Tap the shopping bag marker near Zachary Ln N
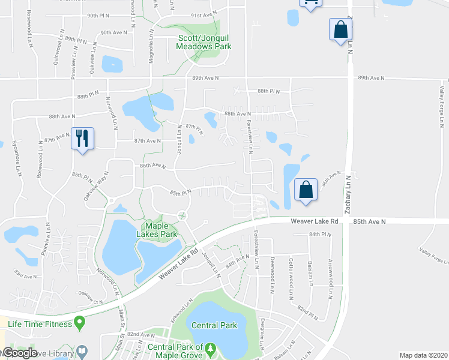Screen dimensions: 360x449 [340, 29]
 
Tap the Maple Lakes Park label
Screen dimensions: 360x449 [160, 229]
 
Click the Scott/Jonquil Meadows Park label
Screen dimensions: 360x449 [204, 41]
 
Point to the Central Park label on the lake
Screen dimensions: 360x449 [214, 326]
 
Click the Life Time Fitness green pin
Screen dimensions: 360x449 [79, 325]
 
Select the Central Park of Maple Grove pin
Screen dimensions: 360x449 [210, 347]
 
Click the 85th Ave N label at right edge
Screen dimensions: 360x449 [369, 221]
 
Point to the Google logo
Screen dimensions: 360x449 [20, 353]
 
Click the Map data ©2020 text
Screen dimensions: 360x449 [423, 355]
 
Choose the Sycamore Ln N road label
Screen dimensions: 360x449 [16, 156]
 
